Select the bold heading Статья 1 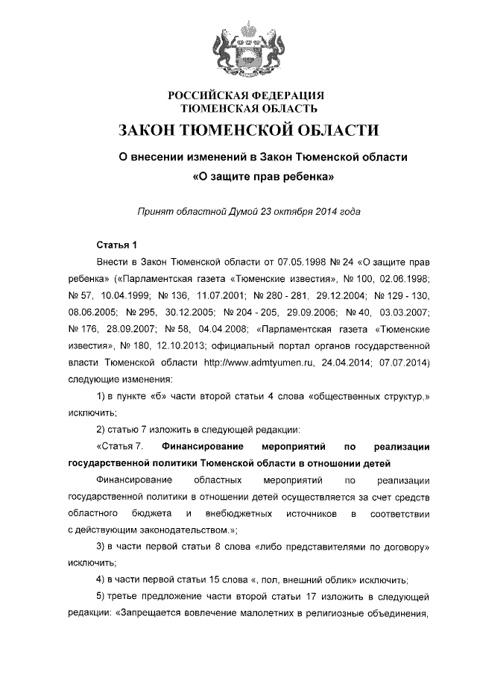(117, 245)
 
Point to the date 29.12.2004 (342, 295)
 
